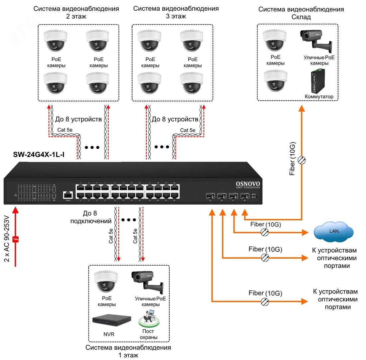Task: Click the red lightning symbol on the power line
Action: (x=15, y=238)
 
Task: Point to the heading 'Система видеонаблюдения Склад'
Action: (x=301, y=13)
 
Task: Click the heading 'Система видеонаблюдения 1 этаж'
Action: (x=128, y=351)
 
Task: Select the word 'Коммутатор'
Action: (x=319, y=97)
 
